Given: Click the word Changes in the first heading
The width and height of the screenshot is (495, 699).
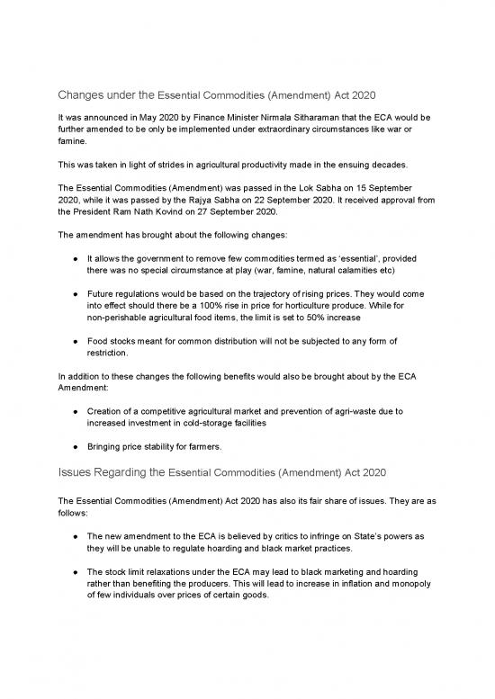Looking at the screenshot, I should pyautogui.click(x=84, y=94).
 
